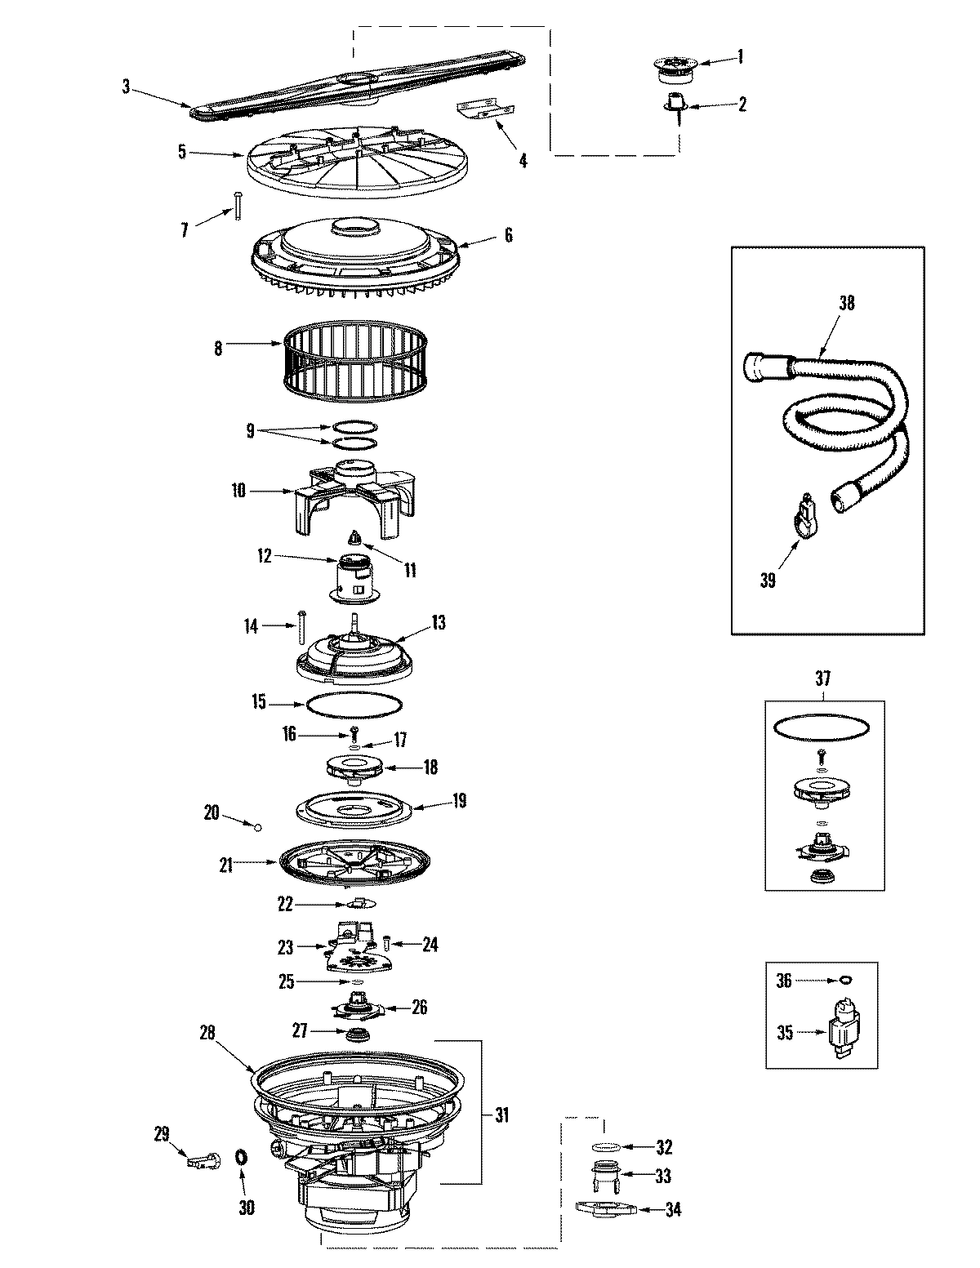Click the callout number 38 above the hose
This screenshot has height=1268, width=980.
[846, 303]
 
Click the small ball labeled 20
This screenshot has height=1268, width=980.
[258, 827]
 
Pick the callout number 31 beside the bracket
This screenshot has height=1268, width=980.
[502, 1115]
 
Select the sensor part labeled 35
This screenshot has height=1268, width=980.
[841, 1033]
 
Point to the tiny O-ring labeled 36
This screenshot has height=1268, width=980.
[845, 980]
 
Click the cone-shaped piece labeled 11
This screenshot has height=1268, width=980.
[355, 538]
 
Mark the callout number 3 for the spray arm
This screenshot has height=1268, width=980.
[126, 87]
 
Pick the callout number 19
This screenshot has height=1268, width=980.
[459, 801]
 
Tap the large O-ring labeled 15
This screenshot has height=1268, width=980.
[354, 703]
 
